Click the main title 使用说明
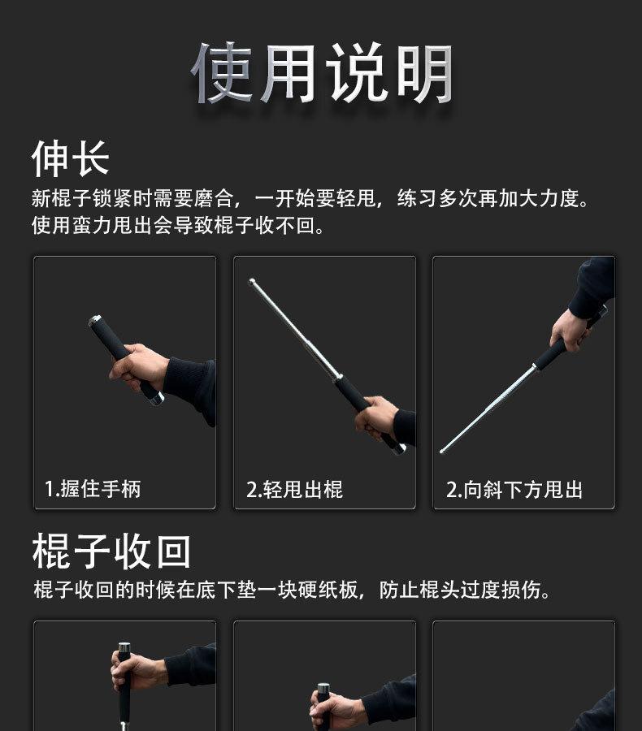click(x=321, y=73)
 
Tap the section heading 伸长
click(x=70, y=158)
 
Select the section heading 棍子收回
click(x=111, y=551)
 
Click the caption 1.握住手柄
click(x=92, y=489)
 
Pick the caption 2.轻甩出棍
click(x=294, y=490)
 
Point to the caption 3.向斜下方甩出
click(x=514, y=490)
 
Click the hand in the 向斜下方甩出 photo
click(x=569, y=329)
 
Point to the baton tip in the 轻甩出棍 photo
click(x=253, y=282)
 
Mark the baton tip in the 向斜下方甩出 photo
click(x=444, y=449)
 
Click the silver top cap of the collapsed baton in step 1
click(x=94, y=320)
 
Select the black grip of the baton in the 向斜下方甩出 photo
click(x=550, y=354)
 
